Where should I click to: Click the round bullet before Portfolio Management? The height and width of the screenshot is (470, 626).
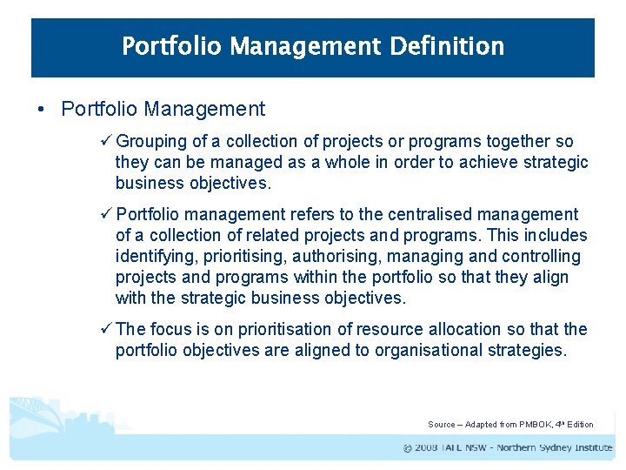coord(41,110)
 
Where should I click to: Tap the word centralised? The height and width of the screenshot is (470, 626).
coord(403,214)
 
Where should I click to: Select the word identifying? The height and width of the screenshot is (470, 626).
coord(153,256)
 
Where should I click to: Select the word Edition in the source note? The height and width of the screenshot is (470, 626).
coord(580,425)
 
